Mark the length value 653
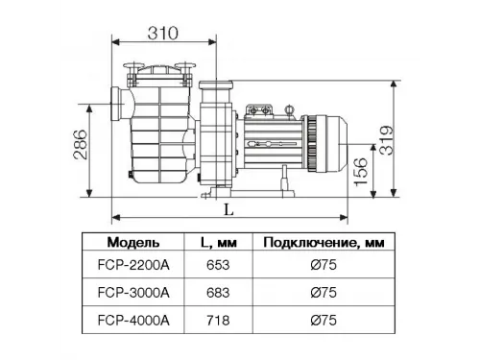click(217, 269)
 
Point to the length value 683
click(217, 293)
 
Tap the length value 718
click(217, 317)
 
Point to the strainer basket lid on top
click(157, 72)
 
